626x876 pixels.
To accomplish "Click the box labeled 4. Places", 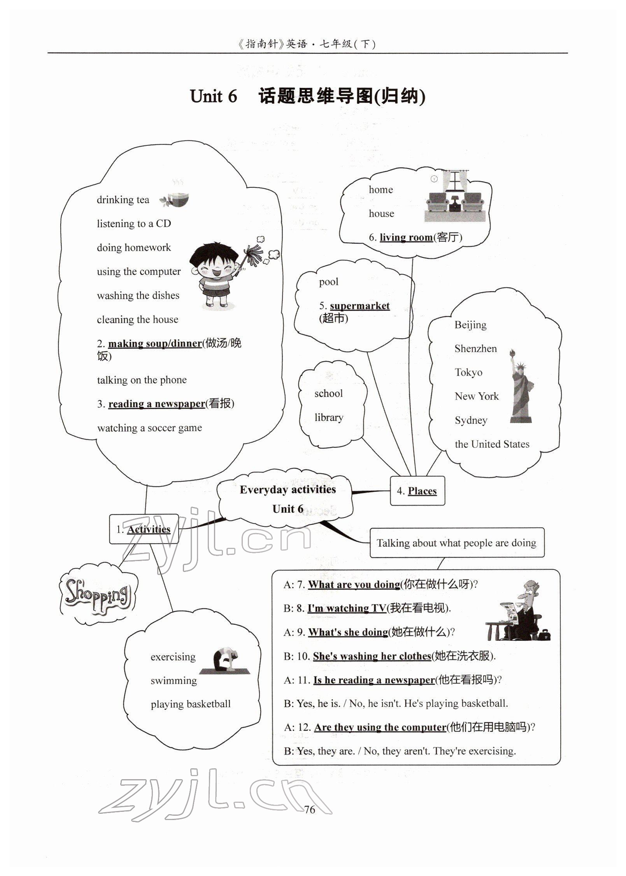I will coord(417,491).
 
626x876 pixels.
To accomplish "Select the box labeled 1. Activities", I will coord(144,529).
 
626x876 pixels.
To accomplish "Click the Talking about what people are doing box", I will coord(456,543).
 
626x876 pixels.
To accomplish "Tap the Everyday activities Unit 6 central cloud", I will coord(287,499).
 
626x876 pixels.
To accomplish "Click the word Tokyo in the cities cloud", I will coord(468,372).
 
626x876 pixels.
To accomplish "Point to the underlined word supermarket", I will coord(359,306).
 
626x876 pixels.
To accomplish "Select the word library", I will coord(329,418).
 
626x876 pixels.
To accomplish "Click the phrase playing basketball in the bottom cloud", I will coord(191,704).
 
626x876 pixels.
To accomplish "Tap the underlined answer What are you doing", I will coord(354,584).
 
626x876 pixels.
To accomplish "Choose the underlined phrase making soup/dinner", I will coord(155,343).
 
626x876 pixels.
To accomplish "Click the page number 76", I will coord(310,810).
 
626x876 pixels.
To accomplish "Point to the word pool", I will coord(329,282).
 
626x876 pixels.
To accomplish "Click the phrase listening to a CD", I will coord(134,224).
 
